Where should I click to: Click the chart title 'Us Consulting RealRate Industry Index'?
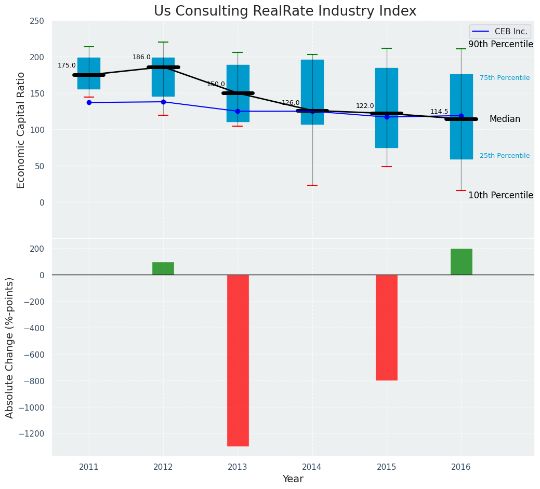[x=285, y=11]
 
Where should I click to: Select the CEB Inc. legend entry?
[x=499, y=32]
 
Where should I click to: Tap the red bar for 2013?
[x=238, y=360]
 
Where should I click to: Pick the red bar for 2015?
[x=387, y=328]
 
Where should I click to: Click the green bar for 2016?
[x=461, y=262]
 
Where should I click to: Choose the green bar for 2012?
[x=163, y=268]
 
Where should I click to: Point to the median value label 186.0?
[x=141, y=57]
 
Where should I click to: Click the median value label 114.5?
[x=439, y=112]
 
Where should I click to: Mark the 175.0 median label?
[x=67, y=65]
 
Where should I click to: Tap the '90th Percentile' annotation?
[x=501, y=45]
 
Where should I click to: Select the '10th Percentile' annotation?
[x=501, y=196]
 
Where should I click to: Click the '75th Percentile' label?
[x=505, y=78]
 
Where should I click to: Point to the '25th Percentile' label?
[x=505, y=156]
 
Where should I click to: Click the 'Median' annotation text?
[x=505, y=119]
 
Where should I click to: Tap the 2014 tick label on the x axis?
[x=312, y=467]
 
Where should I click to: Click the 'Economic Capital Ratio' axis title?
[x=21, y=130]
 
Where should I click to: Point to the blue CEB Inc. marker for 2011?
[x=89, y=102]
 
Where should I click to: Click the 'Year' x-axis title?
[x=293, y=479]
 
